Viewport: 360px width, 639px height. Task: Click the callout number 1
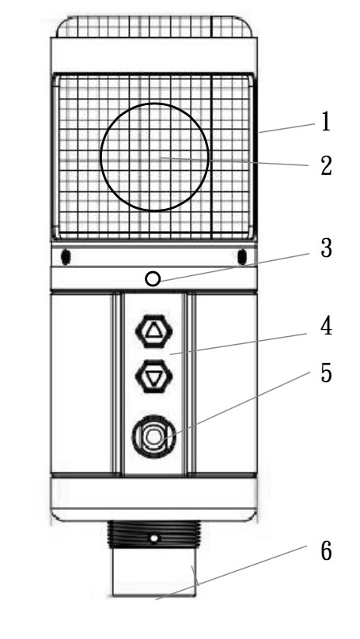[x=325, y=122]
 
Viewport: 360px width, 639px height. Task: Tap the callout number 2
[x=326, y=166]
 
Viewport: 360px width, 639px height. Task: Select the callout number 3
[x=326, y=248]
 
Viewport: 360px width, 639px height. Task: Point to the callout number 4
[x=326, y=327]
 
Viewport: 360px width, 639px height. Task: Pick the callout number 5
[x=326, y=374]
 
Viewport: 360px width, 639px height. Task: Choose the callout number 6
[x=326, y=552]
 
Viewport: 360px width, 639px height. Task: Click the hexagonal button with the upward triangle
[x=153, y=331]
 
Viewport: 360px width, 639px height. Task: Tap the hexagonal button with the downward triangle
[x=153, y=376]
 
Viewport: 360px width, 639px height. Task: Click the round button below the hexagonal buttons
[x=153, y=437]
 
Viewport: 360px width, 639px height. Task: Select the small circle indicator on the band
[x=153, y=279]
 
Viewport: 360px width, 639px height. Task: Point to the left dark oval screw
[x=66, y=257]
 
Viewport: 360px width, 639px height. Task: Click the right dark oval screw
[x=242, y=257]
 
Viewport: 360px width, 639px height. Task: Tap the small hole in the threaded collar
[x=153, y=539]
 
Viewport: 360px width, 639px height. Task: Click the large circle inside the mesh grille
[x=100, y=157]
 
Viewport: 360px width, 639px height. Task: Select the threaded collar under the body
[x=154, y=535]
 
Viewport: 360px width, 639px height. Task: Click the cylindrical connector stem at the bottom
[x=154, y=572]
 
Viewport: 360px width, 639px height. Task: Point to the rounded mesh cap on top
[x=154, y=27]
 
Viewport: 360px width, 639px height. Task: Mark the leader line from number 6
[x=231, y=573]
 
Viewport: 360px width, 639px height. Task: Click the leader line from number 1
[x=287, y=128]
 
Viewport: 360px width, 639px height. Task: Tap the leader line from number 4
[x=238, y=344]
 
